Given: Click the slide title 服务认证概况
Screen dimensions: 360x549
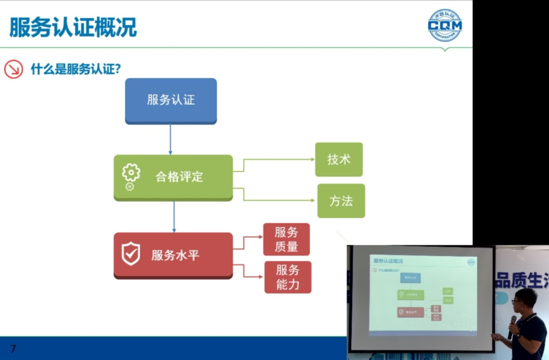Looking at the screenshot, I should coord(73,27).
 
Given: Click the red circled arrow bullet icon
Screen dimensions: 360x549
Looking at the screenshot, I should coord(13,69).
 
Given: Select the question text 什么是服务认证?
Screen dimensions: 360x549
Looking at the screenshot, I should coord(75,69).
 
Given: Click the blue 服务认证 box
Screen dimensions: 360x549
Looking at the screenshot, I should coord(171,101).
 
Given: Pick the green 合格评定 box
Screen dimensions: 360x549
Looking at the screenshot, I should coord(173,177).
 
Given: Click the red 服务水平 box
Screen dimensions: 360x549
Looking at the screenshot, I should coord(173,255).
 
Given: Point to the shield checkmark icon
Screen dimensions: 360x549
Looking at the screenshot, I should coord(130,254).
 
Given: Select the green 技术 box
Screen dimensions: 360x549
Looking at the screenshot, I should coord(339,159).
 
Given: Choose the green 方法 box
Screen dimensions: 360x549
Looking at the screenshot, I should coord(341,201).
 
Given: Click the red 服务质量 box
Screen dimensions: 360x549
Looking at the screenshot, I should coord(286,239).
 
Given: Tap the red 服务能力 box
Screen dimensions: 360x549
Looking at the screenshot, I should coord(287,277).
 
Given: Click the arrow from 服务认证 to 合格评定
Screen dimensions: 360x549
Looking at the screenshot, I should coord(170,139).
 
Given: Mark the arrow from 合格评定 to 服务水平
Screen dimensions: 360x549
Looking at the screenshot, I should coord(174,217).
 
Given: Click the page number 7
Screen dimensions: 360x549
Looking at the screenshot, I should coord(13,349).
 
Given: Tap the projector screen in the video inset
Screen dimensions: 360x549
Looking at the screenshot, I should coord(422,297).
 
